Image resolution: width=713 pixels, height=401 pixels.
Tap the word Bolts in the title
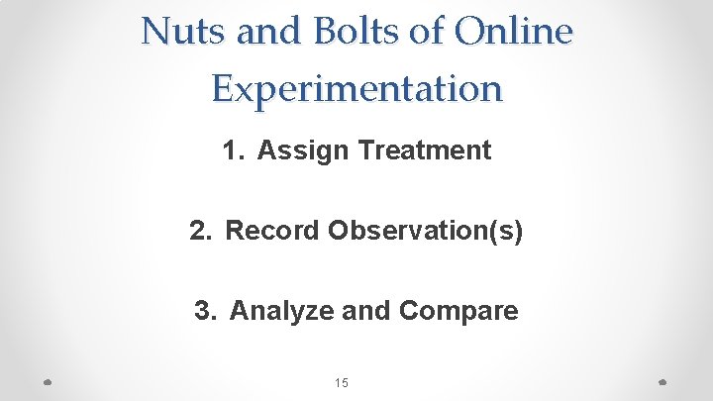(352, 32)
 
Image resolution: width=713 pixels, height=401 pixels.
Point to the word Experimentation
(356, 88)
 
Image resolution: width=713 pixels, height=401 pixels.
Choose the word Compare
(458, 311)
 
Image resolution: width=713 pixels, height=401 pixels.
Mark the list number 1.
(230, 150)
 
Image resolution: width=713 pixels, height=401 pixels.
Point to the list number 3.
(203, 311)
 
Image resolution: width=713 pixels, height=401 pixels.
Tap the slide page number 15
(342, 383)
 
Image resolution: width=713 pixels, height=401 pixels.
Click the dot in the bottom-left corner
(48, 382)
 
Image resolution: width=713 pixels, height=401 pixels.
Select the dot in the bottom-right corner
(664, 382)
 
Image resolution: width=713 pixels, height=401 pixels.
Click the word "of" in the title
(429, 32)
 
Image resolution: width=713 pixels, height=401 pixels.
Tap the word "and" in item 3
(365, 311)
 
